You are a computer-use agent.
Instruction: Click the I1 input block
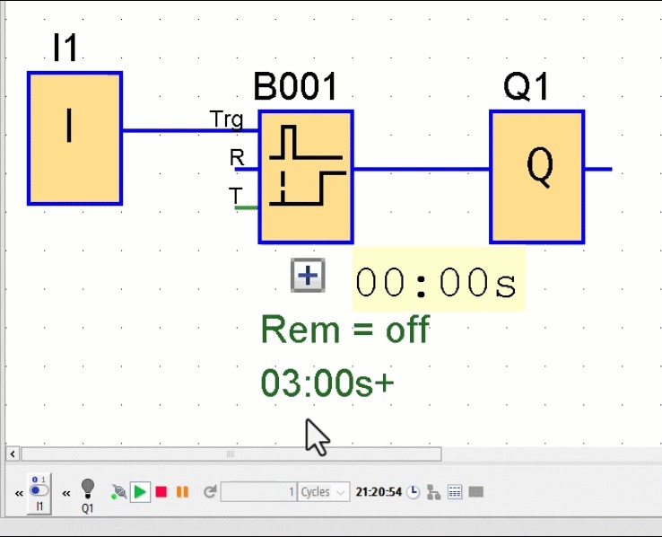(x=74, y=138)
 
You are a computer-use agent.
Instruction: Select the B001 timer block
(x=306, y=176)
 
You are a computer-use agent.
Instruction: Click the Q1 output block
(x=536, y=176)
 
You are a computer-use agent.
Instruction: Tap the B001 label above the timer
(x=295, y=88)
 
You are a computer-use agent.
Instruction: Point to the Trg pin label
(x=226, y=119)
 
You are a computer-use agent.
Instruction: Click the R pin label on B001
(x=237, y=158)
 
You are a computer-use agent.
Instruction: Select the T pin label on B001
(x=235, y=196)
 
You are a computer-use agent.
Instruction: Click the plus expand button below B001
(x=308, y=276)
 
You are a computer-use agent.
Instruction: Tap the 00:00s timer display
(x=437, y=283)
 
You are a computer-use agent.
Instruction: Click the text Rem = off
(x=344, y=330)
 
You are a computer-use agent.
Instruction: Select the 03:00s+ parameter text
(x=327, y=384)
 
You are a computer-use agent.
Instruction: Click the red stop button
(x=161, y=492)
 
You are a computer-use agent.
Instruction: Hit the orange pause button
(x=182, y=492)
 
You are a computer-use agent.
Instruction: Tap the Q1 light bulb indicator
(x=87, y=489)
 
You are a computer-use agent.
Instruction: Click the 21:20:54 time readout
(x=379, y=492)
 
